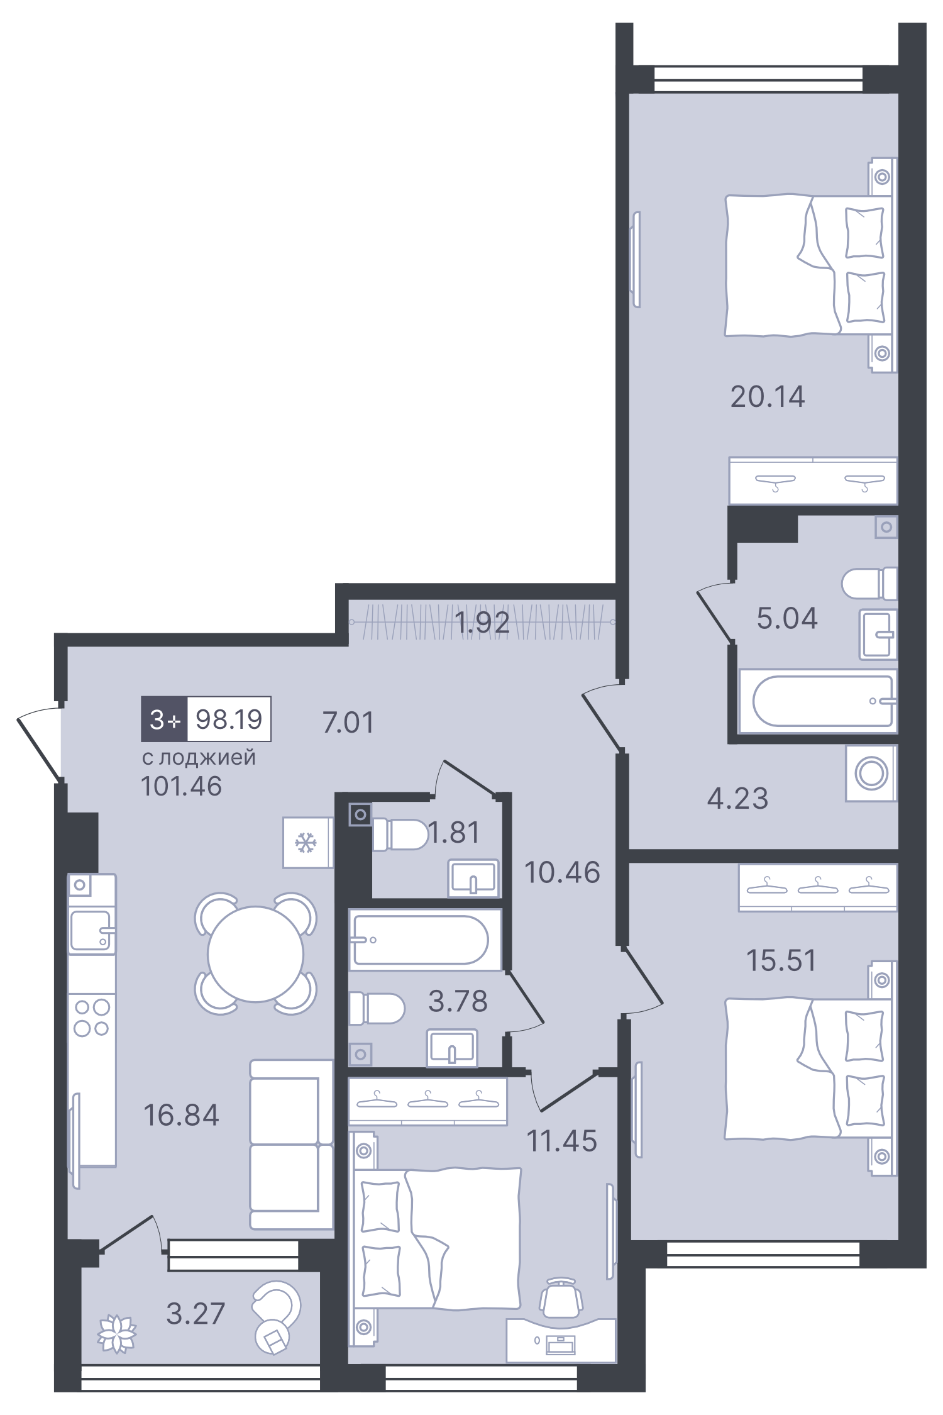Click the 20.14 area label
pos(767,397)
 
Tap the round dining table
pos(255,953)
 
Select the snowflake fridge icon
pos(307,842)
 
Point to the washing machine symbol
pos(871,773)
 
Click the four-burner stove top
pos(92,1018)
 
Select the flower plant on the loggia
pos(117,1333)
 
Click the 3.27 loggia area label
pos(196,1314)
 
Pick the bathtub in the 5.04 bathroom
pos(819,701)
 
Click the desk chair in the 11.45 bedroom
pos(561,1297)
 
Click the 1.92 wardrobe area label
pos(482,623)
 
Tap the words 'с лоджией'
pos(199,757)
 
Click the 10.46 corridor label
pos(562,872)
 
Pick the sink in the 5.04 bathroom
pos(878,634)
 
